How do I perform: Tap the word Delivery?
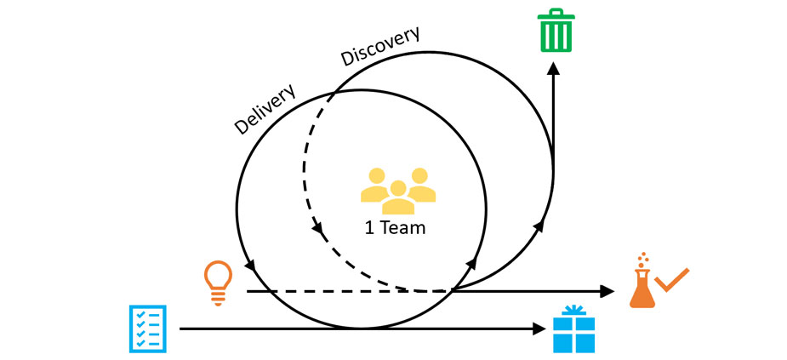coord(265,108)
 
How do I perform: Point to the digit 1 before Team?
coord(368,228)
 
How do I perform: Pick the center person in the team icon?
coord(397,197)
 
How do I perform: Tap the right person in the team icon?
coord(419,186)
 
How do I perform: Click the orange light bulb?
coord(217,282)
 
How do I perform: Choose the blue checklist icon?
coord(147,328)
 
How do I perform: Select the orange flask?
coord(642,284)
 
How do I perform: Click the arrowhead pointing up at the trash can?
coord(553,69)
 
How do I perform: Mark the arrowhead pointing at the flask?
coord(607,291)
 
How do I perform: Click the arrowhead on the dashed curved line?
coord(318,229)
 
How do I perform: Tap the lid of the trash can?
coord(553,14)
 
